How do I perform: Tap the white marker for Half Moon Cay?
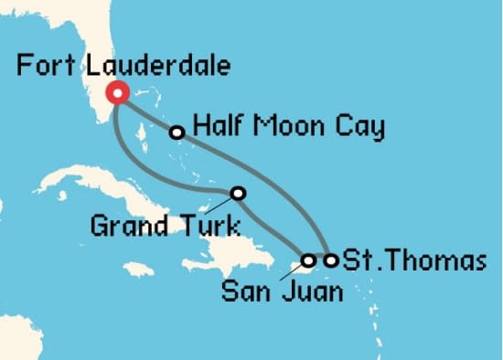[x=177, y=132]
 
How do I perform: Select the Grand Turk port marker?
[x=239, y=193]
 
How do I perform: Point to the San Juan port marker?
[x=309, y=260]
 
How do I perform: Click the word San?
[x=244, y=293]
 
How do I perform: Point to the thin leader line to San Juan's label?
[x=293, y=271]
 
